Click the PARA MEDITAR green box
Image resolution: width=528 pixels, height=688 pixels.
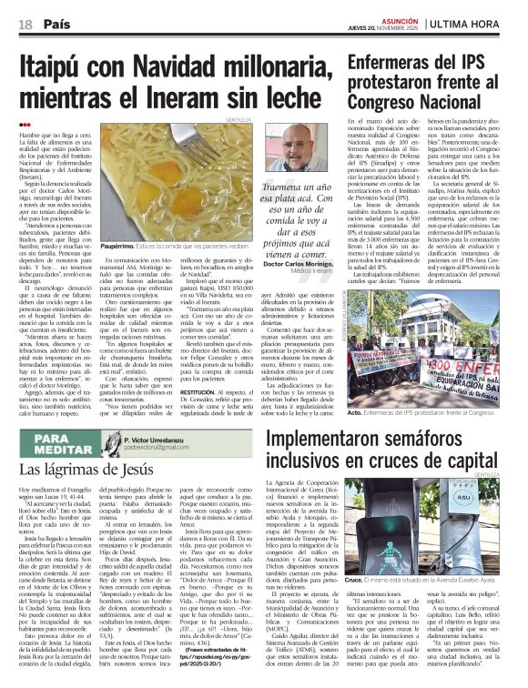tap(69, 444)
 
